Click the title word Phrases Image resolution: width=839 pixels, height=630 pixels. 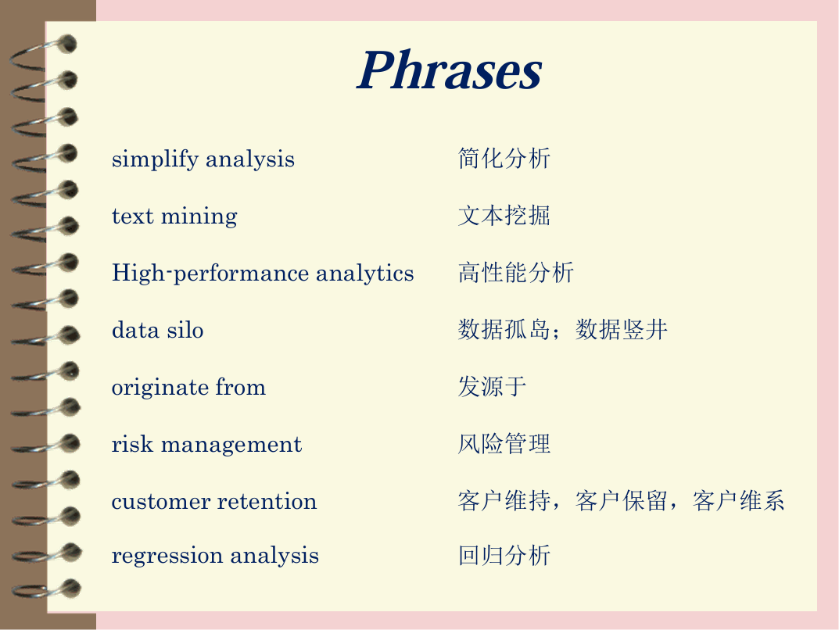tap(450, 70)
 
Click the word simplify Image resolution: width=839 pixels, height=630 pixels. tap(155, 160)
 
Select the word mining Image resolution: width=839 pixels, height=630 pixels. tap(199, 217)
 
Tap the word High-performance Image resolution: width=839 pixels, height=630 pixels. tap(210, 274)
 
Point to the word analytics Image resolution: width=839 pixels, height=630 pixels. tap(365, 274)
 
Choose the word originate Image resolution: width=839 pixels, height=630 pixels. tap(159, 388)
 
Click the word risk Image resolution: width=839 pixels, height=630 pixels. tap(132, 444)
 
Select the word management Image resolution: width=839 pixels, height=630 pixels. tap(231, 446)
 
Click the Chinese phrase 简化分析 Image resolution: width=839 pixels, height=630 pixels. tap(504, 159)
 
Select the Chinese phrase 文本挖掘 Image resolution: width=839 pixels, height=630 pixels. tap(504, 216)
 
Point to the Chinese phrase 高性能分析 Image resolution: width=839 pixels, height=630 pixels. tap(516, 273)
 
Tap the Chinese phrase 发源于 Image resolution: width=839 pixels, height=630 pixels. tap(493, 387)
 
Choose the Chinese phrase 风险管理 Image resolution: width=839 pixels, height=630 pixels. tap(504, 444)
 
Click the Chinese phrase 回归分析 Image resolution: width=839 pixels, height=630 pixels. tap(504, 555)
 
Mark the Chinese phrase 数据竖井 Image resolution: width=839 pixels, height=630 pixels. tap(622, 329)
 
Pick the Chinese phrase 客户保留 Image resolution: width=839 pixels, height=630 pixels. tap(622, 501)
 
